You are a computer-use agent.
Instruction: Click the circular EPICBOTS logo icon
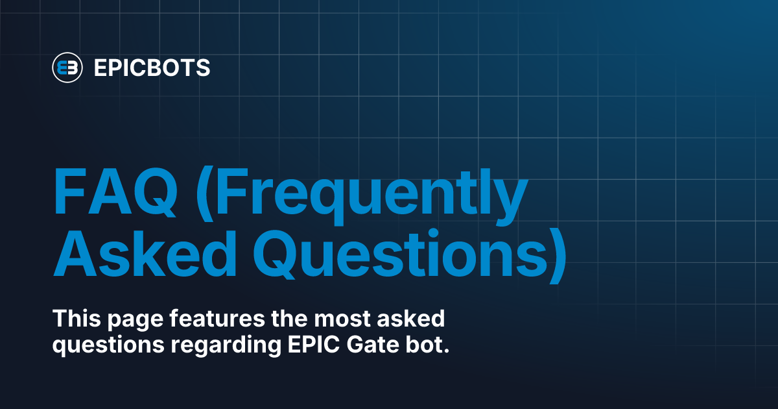67,67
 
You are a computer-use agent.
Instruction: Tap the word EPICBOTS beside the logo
152,68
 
